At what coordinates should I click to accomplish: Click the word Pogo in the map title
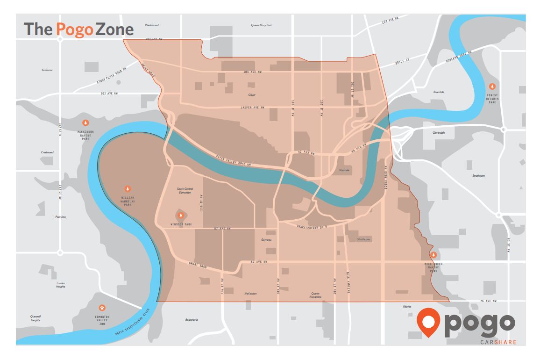pos(75,29)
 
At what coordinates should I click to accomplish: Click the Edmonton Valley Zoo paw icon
pos(102,308)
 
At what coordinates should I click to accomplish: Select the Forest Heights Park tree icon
pos(492,86)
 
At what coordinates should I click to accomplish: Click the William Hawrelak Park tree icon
pos(127,188)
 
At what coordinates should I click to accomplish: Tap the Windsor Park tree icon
pos(181,215)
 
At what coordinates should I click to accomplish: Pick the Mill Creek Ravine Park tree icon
pos(433,255)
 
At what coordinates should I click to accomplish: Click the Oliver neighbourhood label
pos(252,95)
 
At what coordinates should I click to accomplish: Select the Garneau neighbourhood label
pos(266,239)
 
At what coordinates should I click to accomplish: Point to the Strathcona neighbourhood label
pos(363,239)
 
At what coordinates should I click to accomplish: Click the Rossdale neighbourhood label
pos(344,170)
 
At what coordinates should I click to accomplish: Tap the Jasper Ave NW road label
pos(252,108)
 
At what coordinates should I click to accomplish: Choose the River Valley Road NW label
pos(234,161)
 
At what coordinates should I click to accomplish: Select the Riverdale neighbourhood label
pos(439,92)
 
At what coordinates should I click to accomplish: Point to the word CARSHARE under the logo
pos(498,342)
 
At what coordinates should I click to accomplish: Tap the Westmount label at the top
pos(152,25)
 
